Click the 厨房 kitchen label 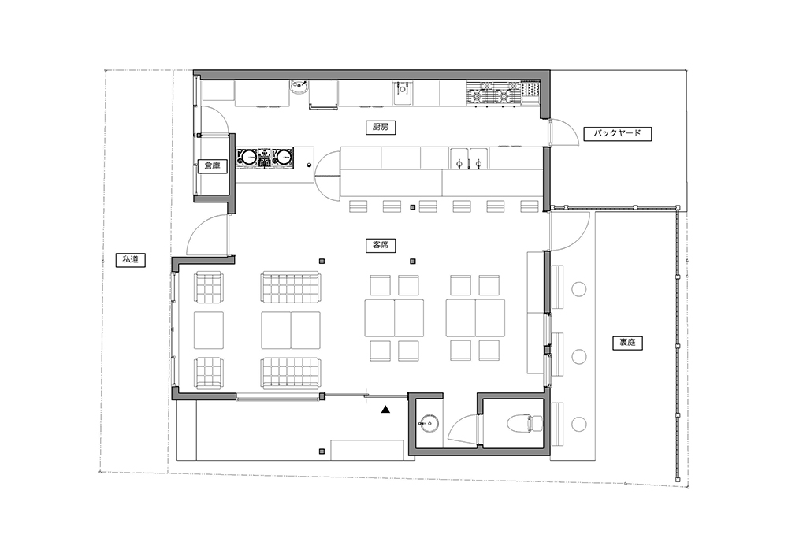(x=381, y=127)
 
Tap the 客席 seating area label (x=381, y=245)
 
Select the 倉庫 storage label (x=212, y=165)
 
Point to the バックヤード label (x=617, y=134)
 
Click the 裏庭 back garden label (x=628, y=343)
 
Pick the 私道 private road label (x=131, y=260)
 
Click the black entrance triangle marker (x=385, y=410)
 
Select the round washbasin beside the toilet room (x=429, y=422)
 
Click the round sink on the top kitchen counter (x=299, y=87)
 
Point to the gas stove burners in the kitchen (x=495, y=94)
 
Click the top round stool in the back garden (x=579, y=289)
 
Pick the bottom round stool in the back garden (x=579, y=424)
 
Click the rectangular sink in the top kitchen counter (x=403, y=94)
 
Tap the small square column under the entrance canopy (x=322, y=451)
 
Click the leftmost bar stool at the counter (x=358, y=206)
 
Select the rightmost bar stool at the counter (x=530, y=206)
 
